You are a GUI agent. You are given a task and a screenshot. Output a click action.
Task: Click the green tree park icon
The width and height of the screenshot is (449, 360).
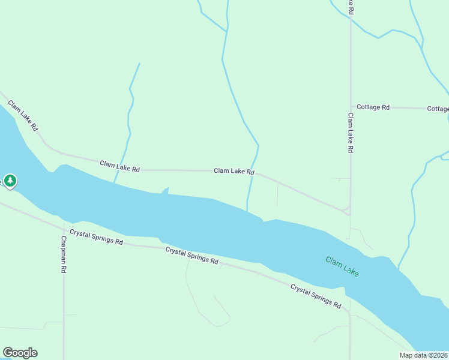[10, 179]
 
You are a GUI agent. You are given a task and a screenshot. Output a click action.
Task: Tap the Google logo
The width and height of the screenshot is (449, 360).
[20, 353]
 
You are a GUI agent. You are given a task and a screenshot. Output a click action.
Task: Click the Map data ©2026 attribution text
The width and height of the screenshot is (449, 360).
[424, 355]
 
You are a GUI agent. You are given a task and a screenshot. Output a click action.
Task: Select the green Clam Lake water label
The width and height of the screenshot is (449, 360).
[342, 266]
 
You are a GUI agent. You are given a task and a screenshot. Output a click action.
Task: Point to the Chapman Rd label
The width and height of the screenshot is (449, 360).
[63, 254]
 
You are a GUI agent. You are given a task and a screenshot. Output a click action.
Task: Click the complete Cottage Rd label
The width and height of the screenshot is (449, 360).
[373, 107]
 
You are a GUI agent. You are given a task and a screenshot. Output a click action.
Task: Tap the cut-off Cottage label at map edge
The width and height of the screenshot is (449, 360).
[438, 109]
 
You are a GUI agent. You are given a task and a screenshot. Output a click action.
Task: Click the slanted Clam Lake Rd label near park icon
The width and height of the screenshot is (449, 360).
[23, 116]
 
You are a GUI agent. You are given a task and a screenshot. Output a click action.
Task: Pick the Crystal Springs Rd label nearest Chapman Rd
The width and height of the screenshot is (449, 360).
[96, 237]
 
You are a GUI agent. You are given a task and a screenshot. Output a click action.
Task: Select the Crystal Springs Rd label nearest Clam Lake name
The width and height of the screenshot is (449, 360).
[316, 295]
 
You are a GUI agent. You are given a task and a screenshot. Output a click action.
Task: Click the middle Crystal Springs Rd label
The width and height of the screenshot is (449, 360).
[191, 256]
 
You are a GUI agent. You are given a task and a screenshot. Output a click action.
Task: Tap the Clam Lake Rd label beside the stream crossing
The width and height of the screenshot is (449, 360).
[234, 172]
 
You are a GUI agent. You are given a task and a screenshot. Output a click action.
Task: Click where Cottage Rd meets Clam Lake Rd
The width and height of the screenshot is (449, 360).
[351, 107]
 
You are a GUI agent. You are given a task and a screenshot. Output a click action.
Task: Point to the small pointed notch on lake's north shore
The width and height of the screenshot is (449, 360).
[166, 190]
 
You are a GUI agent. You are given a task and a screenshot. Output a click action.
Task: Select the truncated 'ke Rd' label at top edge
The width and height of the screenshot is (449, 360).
[351, 7]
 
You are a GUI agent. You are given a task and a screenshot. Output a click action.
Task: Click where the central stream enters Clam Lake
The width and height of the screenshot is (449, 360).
[247, 210]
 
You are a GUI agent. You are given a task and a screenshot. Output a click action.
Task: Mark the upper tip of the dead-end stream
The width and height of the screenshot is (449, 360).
[139, 64]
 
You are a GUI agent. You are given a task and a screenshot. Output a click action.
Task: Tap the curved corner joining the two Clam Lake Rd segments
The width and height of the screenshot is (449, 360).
[347, 211]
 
